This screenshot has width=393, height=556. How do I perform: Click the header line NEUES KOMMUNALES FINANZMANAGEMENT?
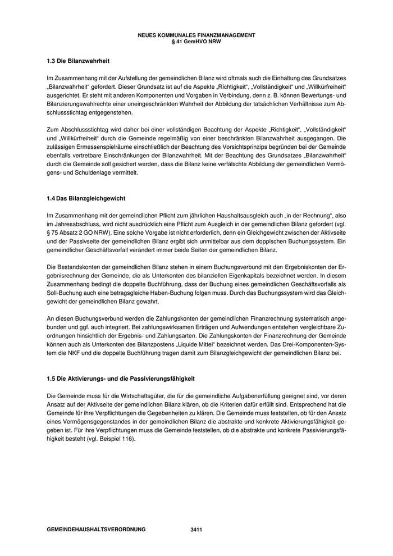click(x=196, y=35)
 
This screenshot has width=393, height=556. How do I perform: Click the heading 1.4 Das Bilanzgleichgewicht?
click(x=86, y=198)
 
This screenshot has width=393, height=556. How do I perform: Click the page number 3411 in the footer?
click(x=196, y=530)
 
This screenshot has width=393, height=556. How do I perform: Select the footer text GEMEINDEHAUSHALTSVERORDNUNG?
click(x=96, y=530)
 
